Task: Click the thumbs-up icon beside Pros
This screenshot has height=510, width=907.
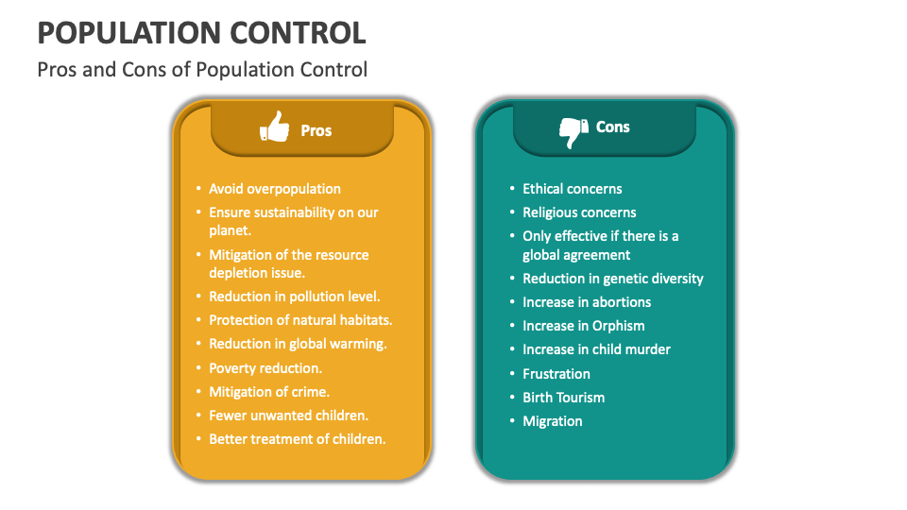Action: pyautogui.click(x=274, y=127)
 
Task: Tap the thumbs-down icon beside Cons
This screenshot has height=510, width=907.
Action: pyautogui.click(x=573, y=131)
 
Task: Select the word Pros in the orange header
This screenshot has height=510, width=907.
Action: pyautogui.click(x=317, y=131)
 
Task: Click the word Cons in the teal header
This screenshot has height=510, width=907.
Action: pyautogui.click(x=612, y=127)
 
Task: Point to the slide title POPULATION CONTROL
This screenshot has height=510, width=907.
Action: pyautogui.click(x=201, y=32)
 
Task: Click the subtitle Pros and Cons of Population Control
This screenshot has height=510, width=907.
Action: pyautogui.click(x=202, y=70)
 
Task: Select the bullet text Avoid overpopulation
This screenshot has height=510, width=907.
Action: pyautogui.click(x=275, y=189)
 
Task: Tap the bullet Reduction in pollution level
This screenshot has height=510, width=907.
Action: pyautogui.click(x=294, y=297)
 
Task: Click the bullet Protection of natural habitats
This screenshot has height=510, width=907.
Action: pyautogui.click(x=300, y=320)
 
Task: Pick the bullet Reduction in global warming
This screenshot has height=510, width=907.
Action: pyautogui.click(x=298, y=344)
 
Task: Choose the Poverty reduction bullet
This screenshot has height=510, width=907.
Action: pyautogui.click(x=265, y=368)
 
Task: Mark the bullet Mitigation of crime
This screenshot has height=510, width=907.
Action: pyautogui.click(x=269, y=392)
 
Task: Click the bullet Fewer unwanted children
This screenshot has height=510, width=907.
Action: pyautogui.click(x=288, y=416)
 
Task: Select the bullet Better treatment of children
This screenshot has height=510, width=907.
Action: pyautogui.click(x=297, y=439)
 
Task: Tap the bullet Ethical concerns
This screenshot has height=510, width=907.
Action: pyautogui.click(x=573, y=189)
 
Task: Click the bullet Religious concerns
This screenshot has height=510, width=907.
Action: pyautogui.click(x=579, y=212)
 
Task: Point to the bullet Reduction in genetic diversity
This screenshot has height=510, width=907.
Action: pyautogui.click(x=613, y=279)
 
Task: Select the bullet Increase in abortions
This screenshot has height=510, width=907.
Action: pyautogui.click(x=587, y=302)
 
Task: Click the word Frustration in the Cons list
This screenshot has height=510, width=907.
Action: pyautogui.click(x=556, y=374)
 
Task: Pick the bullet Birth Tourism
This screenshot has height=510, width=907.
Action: pyautogui.click(x=564, y=398)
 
